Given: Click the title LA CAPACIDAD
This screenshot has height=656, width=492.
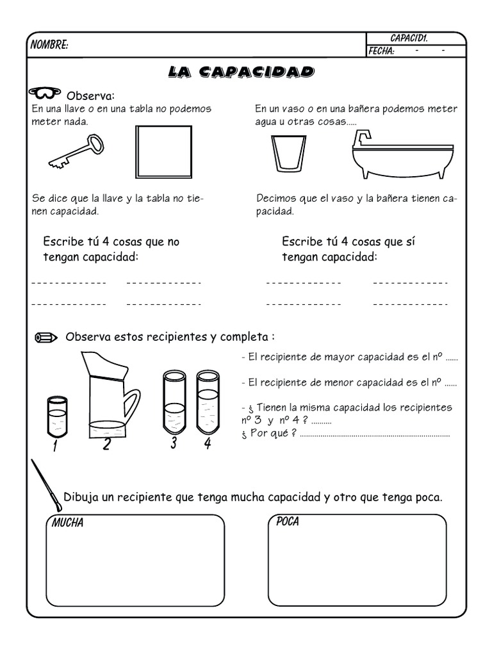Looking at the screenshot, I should click(241, 71).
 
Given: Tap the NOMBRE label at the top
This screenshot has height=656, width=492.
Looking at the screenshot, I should click(49, 45).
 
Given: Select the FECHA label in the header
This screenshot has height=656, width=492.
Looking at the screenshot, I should click(381, 51).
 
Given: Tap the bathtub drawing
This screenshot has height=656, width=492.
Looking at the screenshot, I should click(403, 158).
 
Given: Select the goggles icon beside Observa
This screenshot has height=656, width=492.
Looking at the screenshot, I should click(45, 94).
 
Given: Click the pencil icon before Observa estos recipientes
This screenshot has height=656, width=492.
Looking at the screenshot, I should click(46, 337).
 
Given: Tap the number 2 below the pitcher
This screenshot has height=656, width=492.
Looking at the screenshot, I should click(106, 444).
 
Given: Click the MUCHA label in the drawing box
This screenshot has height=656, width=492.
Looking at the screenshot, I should click(67, 523).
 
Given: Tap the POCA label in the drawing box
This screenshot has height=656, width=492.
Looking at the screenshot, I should click(287, 521).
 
